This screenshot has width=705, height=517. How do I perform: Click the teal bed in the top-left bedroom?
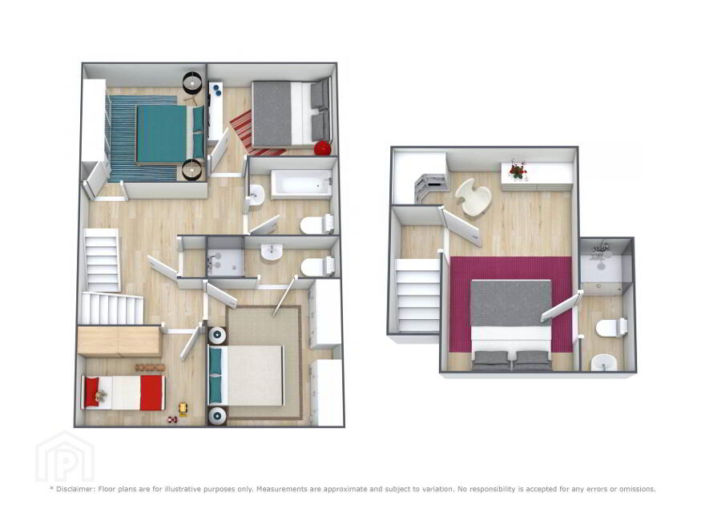click(171, 134)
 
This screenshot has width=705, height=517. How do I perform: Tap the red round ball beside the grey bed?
click(323, 148)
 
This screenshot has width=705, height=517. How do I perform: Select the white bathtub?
click(301, 184)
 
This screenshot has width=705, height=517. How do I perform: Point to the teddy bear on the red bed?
click(100, 396)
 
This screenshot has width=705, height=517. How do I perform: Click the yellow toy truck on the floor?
click(183, 408)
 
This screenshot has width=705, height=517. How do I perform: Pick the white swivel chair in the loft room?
click(473, 197)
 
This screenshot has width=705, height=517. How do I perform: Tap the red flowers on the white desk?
click(518, 171)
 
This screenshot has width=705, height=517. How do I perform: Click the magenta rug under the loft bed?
click(511, 304)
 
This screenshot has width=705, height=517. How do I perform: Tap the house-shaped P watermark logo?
click(65, 456)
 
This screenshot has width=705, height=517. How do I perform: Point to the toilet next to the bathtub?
click(317, 224)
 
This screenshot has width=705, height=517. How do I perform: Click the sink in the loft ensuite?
click(604, 362)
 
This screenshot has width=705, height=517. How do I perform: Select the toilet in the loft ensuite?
click(611, 328)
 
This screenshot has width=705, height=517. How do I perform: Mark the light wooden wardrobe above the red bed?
click(119, 341)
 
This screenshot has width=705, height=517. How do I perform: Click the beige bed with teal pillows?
click(246, 376)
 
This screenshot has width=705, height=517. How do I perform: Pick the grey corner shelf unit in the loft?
click(430, 187)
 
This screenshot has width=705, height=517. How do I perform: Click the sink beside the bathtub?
click(256, 196)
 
